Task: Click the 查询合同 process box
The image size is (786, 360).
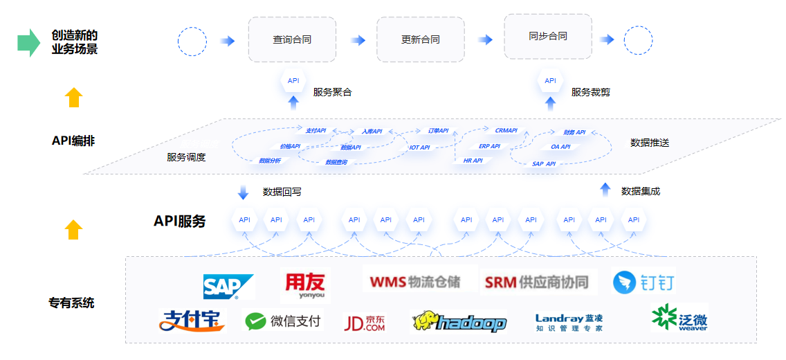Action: tap(292, 39)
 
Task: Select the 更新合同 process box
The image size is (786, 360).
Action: tap(420, 39)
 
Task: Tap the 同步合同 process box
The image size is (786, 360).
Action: tap(547, 36)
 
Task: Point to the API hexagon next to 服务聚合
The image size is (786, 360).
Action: tap(293, 81)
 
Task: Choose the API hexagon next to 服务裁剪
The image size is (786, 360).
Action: tap(550, 81)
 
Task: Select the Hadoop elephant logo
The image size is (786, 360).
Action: tap(459, 322)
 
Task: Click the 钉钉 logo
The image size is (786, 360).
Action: tap(644, 282)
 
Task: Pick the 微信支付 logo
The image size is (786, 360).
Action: tap(284, 321)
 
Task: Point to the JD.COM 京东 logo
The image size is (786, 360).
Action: tap(364, 323)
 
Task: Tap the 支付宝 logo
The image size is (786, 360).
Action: tap(192, 320)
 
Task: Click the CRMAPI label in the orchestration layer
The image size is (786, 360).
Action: tap(506, 130)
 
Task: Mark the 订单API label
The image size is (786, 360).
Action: tap(437, 130)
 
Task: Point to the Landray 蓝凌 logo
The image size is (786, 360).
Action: tap(569, 322)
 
